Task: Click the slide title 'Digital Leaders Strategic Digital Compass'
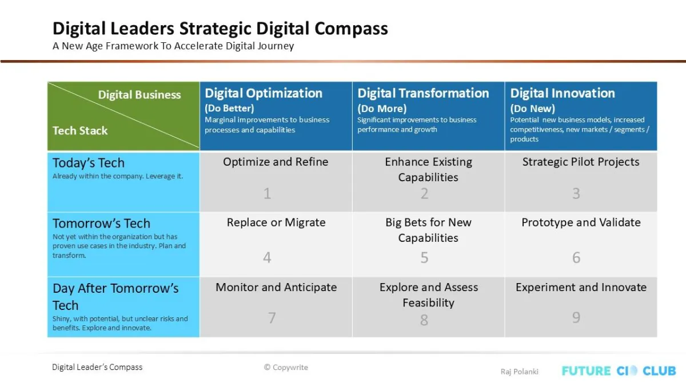pyautogui.click(x=220, y=29)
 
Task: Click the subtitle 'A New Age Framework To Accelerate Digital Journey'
pyautogui.click(x=173, y=46)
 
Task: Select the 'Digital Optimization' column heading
pyautogui.click(x=264, y=93)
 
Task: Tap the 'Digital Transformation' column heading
pyautogui.click(x=423, y=93)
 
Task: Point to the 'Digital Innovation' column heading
pyautogui.click(x=563, y=93)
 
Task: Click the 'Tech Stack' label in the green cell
pyautogui.click(x=80, y=131)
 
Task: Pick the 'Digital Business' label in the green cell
pyautogui.click(x=139, y=95)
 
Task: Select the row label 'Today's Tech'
pyautogui.click(x=89, y=162)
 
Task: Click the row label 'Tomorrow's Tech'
pyautogui.click(x=101, y=224)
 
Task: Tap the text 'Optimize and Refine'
pyautogui.click(x=276, y=162)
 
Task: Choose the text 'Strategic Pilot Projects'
pyautogui.click(x=581, y=162)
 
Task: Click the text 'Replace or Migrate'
pyautogui.click(x=276, y=222)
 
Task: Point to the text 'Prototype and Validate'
pyautogui.click(x=581, y=222)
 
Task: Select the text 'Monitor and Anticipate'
pyautogui.click(x=276, y=287)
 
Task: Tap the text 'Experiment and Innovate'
pyautogui.click(x=581, y=287)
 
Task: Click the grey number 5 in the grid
pyautogui.click(x=424, y=257)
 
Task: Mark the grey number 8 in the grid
pyautogui.click(x=424, y=320)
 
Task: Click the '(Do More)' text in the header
pyautogui.click(x=382, y=109)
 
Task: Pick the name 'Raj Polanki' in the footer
pyautogui.click(x=520, y=372)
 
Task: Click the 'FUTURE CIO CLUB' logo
pyautogui.click(x=619, y=371)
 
